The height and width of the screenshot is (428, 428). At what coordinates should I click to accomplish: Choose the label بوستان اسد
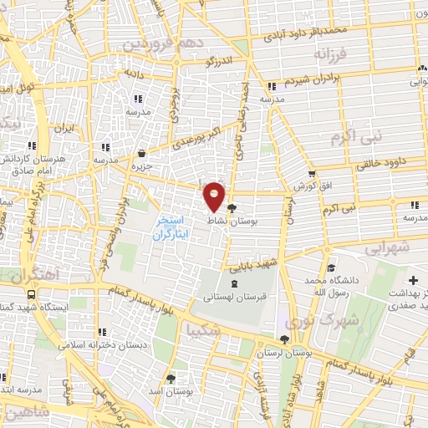click(x=172, y=391)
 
